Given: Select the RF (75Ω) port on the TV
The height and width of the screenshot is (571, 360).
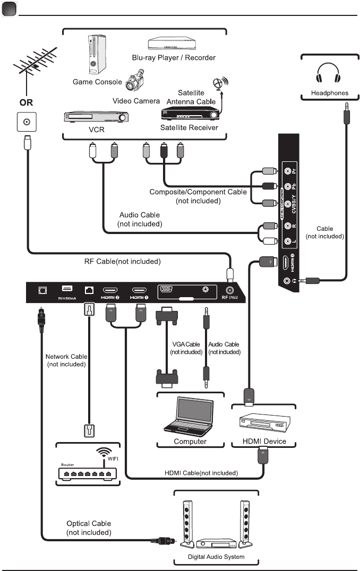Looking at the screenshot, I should pyautogui.click(x=230, y=291).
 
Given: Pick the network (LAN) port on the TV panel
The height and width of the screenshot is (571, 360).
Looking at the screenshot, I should pyautogui.click(x=89, y=290).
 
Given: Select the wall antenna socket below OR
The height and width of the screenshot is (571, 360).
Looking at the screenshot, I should pyautogui.click(x=24, y=122).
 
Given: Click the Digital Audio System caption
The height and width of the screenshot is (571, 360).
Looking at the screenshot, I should pyautogui.click(x=216, y=557).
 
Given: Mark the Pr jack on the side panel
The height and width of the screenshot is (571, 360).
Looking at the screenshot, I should pyautogui.click(x=288, y=171).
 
